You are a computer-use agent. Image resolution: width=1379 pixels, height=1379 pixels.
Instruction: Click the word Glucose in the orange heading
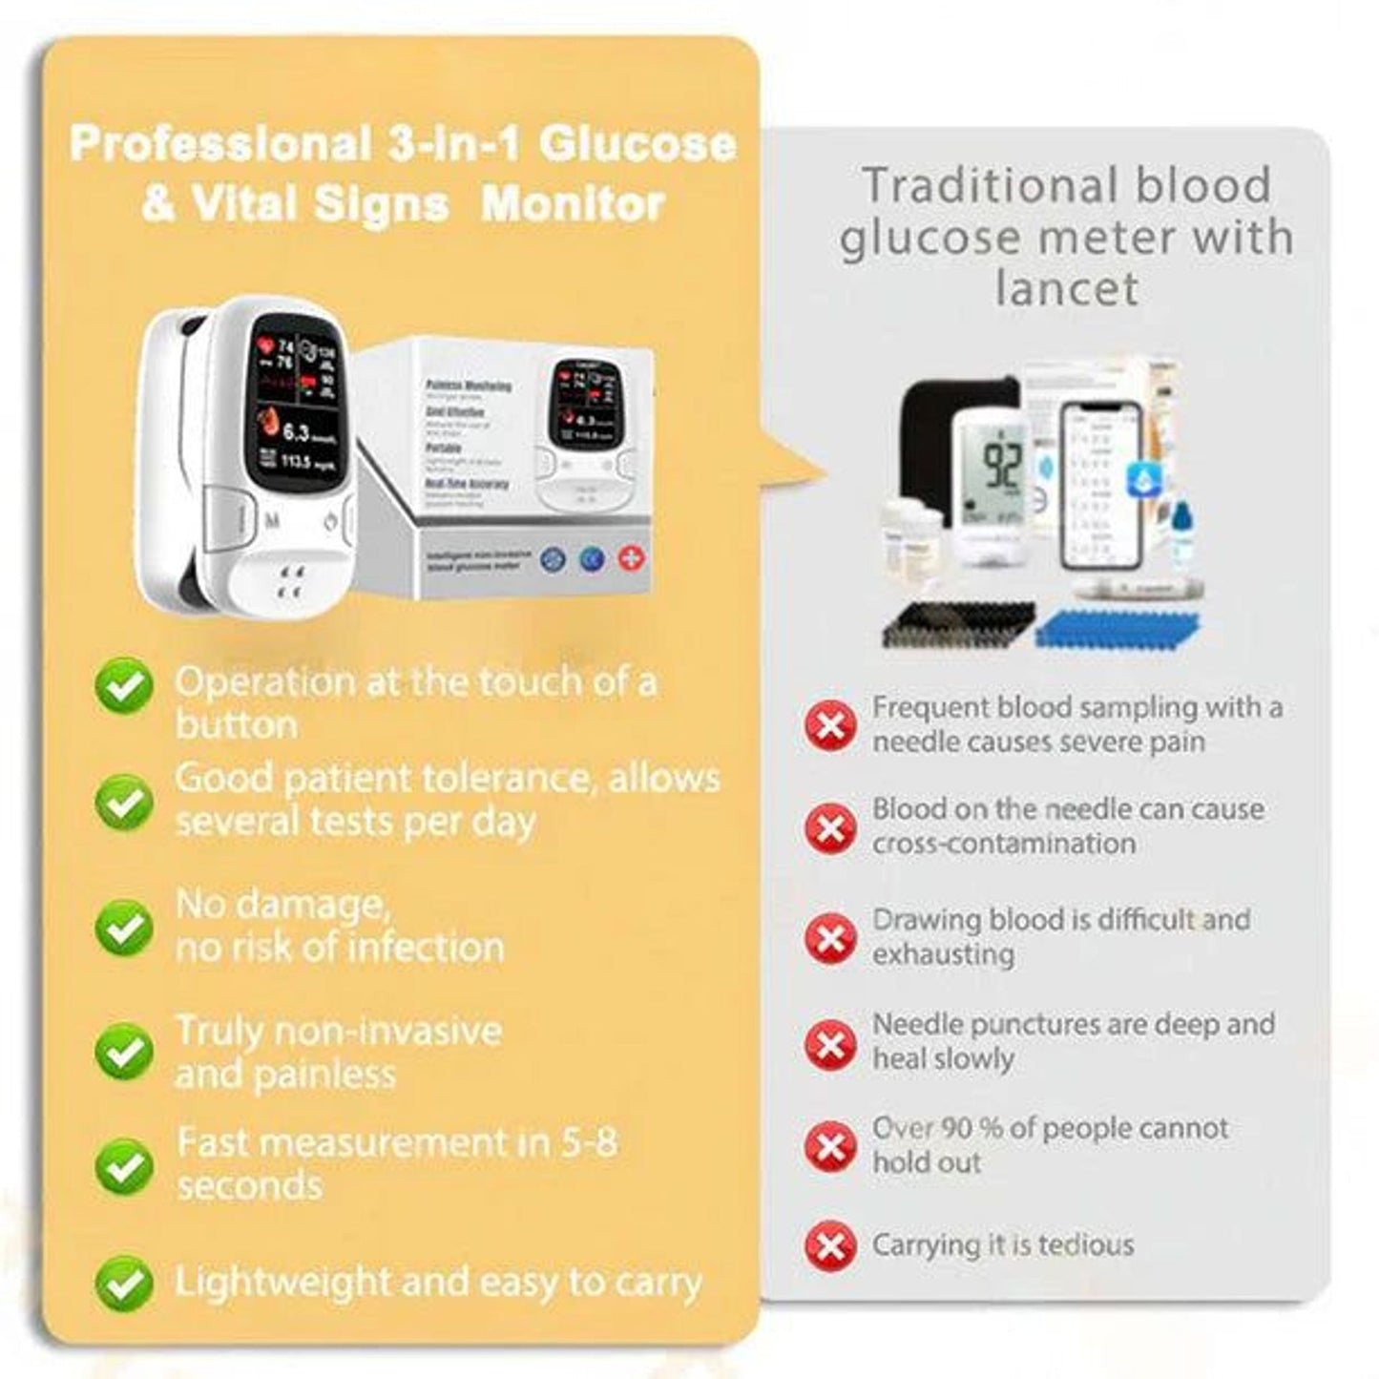pyautogui.click(x=637, y=144)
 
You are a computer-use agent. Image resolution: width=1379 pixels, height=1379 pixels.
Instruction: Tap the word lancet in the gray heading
pyautogui.click(x=1066, y=288)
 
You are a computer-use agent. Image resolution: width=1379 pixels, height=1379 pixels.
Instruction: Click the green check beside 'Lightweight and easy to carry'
pyautogui.click(x=123, y=1284)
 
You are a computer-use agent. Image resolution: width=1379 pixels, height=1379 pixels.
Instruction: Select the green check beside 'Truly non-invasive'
pyautogui.click(x=123, y=1052)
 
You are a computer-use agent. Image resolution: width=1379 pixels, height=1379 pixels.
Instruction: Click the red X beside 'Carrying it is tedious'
pyautogui.click(x=830, y=1245)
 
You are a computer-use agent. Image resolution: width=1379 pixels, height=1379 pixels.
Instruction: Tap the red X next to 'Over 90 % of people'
pyautogui.click(x=830, y=1144)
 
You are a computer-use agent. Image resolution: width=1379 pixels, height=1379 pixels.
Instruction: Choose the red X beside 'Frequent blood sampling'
pyautogui.click(x=830, y=726)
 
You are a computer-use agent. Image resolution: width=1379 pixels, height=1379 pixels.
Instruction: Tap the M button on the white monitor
pyautogui.click(x=273, y=523)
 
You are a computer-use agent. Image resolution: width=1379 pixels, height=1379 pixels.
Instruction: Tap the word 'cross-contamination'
pyautogui.click(x=1004, y=844)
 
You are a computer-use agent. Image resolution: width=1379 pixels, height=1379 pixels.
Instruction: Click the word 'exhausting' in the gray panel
pyautogui.click(x=943, y=954)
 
